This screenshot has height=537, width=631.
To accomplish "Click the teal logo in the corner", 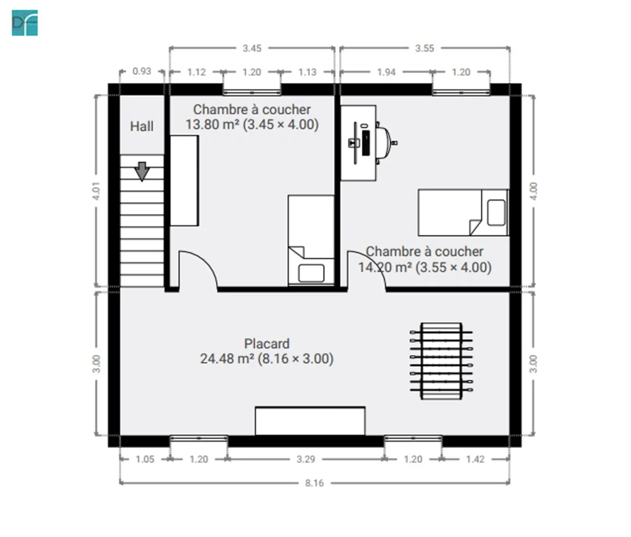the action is pyautogui.click(x=25, y=23).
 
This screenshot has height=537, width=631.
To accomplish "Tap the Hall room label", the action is pyautogui.click(x=141, y=126).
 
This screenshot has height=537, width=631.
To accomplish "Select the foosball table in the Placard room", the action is pyautogui.click(x=441, y=361).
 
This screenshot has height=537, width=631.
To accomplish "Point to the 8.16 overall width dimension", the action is pyautogui.click(x=314, y=483).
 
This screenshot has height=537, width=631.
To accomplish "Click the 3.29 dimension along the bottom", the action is pyautogui.click(x=306, y=459).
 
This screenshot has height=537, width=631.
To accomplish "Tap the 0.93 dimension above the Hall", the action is pyautogui.click(x=142, y=71).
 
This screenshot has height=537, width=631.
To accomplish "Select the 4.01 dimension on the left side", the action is pyautogui.click(x=96, y=191).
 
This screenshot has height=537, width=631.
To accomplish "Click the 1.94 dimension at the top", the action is pyautogui.click(x=386, y=72).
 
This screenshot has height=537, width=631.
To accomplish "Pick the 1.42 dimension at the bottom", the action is pyautogui.click(x=475, y=459).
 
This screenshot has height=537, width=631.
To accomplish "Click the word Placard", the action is pyautogui.click(x=267, y=343).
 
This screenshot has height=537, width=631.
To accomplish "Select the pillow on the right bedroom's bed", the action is pyautogui.click(x=496, y=212).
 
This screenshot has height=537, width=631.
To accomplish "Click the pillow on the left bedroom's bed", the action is pyautogui.click(x=311, y=273).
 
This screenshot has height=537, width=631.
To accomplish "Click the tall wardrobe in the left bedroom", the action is pyautogui.click(x=184, y=181).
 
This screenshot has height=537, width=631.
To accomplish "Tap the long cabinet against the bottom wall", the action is pyautogui.click(x=310, y=421).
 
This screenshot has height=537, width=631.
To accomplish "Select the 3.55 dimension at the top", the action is pyautogui.click(x=425, y=48).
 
